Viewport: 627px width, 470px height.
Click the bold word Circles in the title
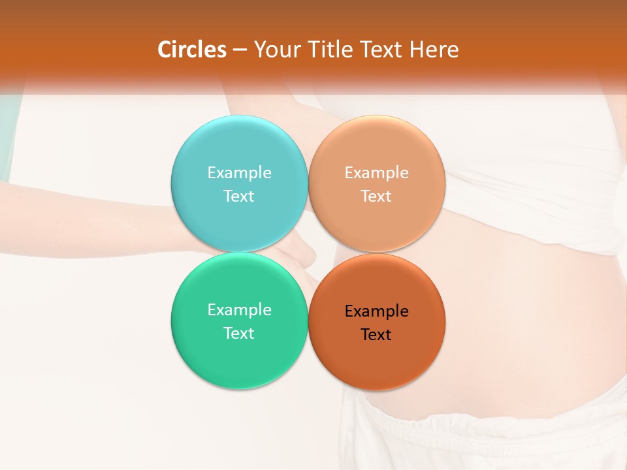192,50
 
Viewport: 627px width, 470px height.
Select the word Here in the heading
434,50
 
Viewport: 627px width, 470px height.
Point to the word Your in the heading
275,50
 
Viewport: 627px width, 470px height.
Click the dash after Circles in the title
240,50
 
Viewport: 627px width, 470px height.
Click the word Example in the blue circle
239,172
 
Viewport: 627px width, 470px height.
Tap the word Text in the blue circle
239,196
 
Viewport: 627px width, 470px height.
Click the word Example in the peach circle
376,172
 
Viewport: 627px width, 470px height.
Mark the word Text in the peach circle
376,196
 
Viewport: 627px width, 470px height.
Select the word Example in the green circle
239,309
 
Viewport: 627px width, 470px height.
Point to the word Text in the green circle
239,333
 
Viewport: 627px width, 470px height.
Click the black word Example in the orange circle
376,311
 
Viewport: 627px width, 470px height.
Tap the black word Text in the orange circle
376,334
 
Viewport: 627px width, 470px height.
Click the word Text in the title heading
380,50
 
